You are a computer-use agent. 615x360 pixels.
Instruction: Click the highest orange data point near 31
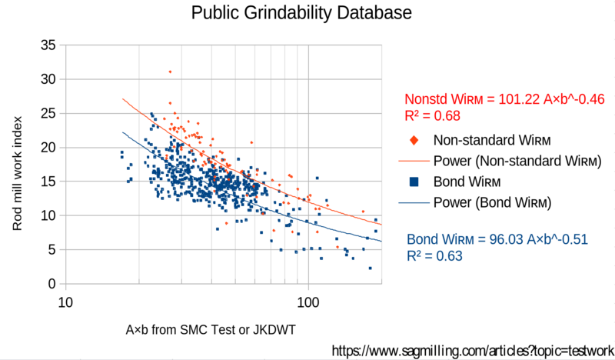[170, 72]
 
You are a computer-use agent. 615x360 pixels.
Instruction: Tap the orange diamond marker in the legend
[414, 141]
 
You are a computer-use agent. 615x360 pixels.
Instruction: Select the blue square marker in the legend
[414, 182]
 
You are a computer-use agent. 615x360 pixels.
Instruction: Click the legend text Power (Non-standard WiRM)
[517, 162]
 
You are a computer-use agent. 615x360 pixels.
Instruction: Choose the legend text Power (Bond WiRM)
[493, 203]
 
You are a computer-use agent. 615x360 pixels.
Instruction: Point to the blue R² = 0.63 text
[434, 256]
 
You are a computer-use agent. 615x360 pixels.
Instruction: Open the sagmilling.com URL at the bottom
[472, 350]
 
